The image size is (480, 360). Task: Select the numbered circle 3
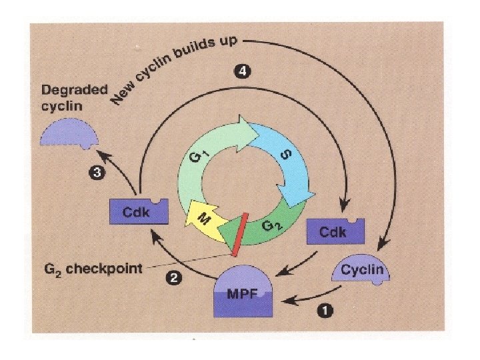(x=96, y=174)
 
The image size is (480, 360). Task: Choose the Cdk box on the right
(x=335, y=231)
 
